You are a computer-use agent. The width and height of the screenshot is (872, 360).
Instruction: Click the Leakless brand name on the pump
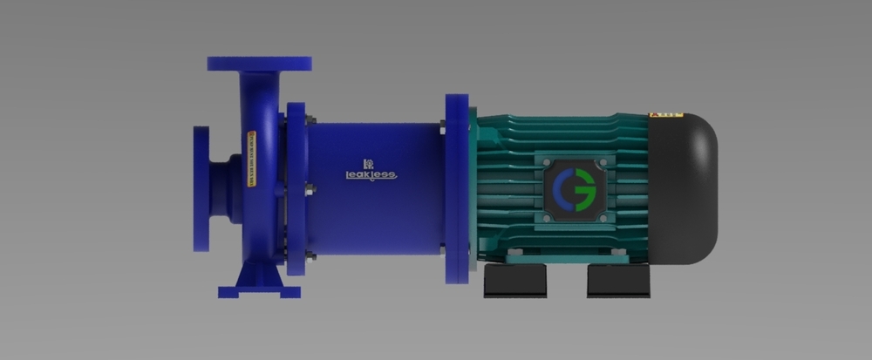click(x=371, y=174)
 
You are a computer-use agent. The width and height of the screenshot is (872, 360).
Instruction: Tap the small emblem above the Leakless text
click(x=368, y=162)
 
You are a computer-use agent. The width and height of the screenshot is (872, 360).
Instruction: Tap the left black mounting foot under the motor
click(x=515, y=281)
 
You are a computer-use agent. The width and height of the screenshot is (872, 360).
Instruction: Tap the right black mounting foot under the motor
click(x=618, y=281)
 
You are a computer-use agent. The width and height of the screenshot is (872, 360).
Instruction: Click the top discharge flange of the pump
click(x=259, y=64)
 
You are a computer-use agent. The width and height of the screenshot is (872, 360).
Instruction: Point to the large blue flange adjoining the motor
click(x=456, y=188)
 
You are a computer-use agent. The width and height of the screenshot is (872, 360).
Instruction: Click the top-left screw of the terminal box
click(x=547, y=162)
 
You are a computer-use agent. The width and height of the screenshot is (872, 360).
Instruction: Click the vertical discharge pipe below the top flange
click(x=259, y=96)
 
